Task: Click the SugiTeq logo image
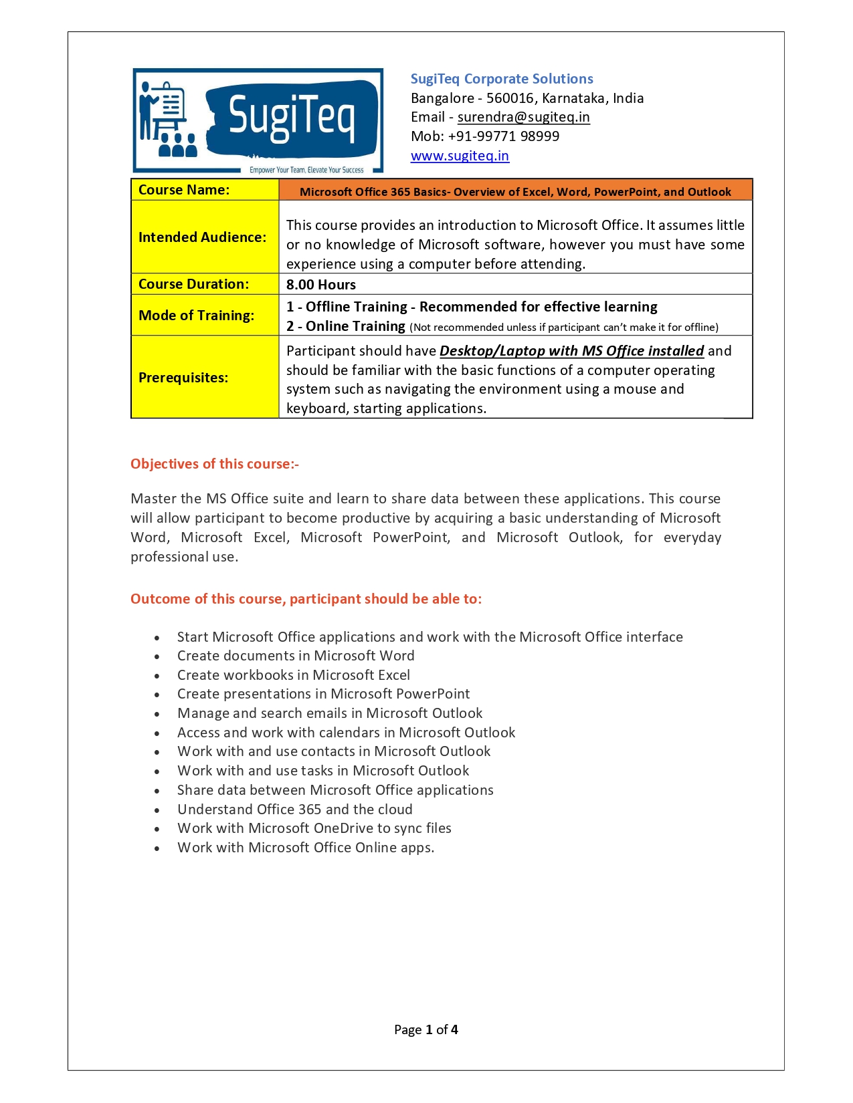click(x=258, y=120)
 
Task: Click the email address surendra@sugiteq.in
click(x=523, y=117)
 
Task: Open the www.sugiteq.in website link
click(x=460, y=156)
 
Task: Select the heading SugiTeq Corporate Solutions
click(x=502, y=79)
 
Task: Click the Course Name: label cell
click(x=184, y=190)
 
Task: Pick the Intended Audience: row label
click(x=202, y=237)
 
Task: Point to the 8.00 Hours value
click(x=321, y=285)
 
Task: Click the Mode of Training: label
click(x=196, y=316)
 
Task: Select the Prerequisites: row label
click(x=183, y=378)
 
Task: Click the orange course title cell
click(x=515, y=192)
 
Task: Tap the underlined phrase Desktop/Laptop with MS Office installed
click(x=571, y=351)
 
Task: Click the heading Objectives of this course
click(x=215, y=464)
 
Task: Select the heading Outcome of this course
click(x=306, y=599)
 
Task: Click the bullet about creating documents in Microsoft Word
click(x=296, y=656)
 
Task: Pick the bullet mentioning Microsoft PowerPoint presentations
click(x=323, y=694)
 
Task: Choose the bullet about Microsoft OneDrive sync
click(x=314, y=828)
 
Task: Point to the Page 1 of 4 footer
click(x=426, y=1029)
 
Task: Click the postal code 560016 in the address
click(x=510, y=98)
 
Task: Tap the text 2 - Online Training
click(x=346, y=326)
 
